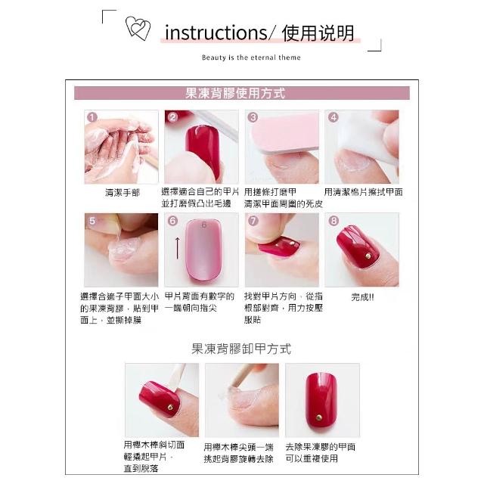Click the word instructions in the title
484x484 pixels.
pos(216,33)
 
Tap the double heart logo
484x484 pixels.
pos(138,28)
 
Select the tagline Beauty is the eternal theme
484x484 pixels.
pos(251,57)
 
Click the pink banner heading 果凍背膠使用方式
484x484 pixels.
pos(235,93)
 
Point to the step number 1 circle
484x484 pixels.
pos(92,117)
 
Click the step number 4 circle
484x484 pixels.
pos(334,117)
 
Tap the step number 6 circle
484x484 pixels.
pos(172,221)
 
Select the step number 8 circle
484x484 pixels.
pos(334,221)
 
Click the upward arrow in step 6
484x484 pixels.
pos(178,248)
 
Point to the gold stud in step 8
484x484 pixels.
pos(368,256)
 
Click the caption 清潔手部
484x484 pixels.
pos(123,193)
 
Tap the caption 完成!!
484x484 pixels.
pos(363,297)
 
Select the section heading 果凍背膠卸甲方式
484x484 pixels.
pos(241,349)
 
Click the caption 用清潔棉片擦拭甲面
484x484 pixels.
pos(363,192)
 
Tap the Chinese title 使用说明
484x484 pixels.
pos(318,33)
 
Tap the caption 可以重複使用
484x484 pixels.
pos(312,458)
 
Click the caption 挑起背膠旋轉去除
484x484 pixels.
pos(239,459)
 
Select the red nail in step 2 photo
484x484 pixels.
pos(203,151)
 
